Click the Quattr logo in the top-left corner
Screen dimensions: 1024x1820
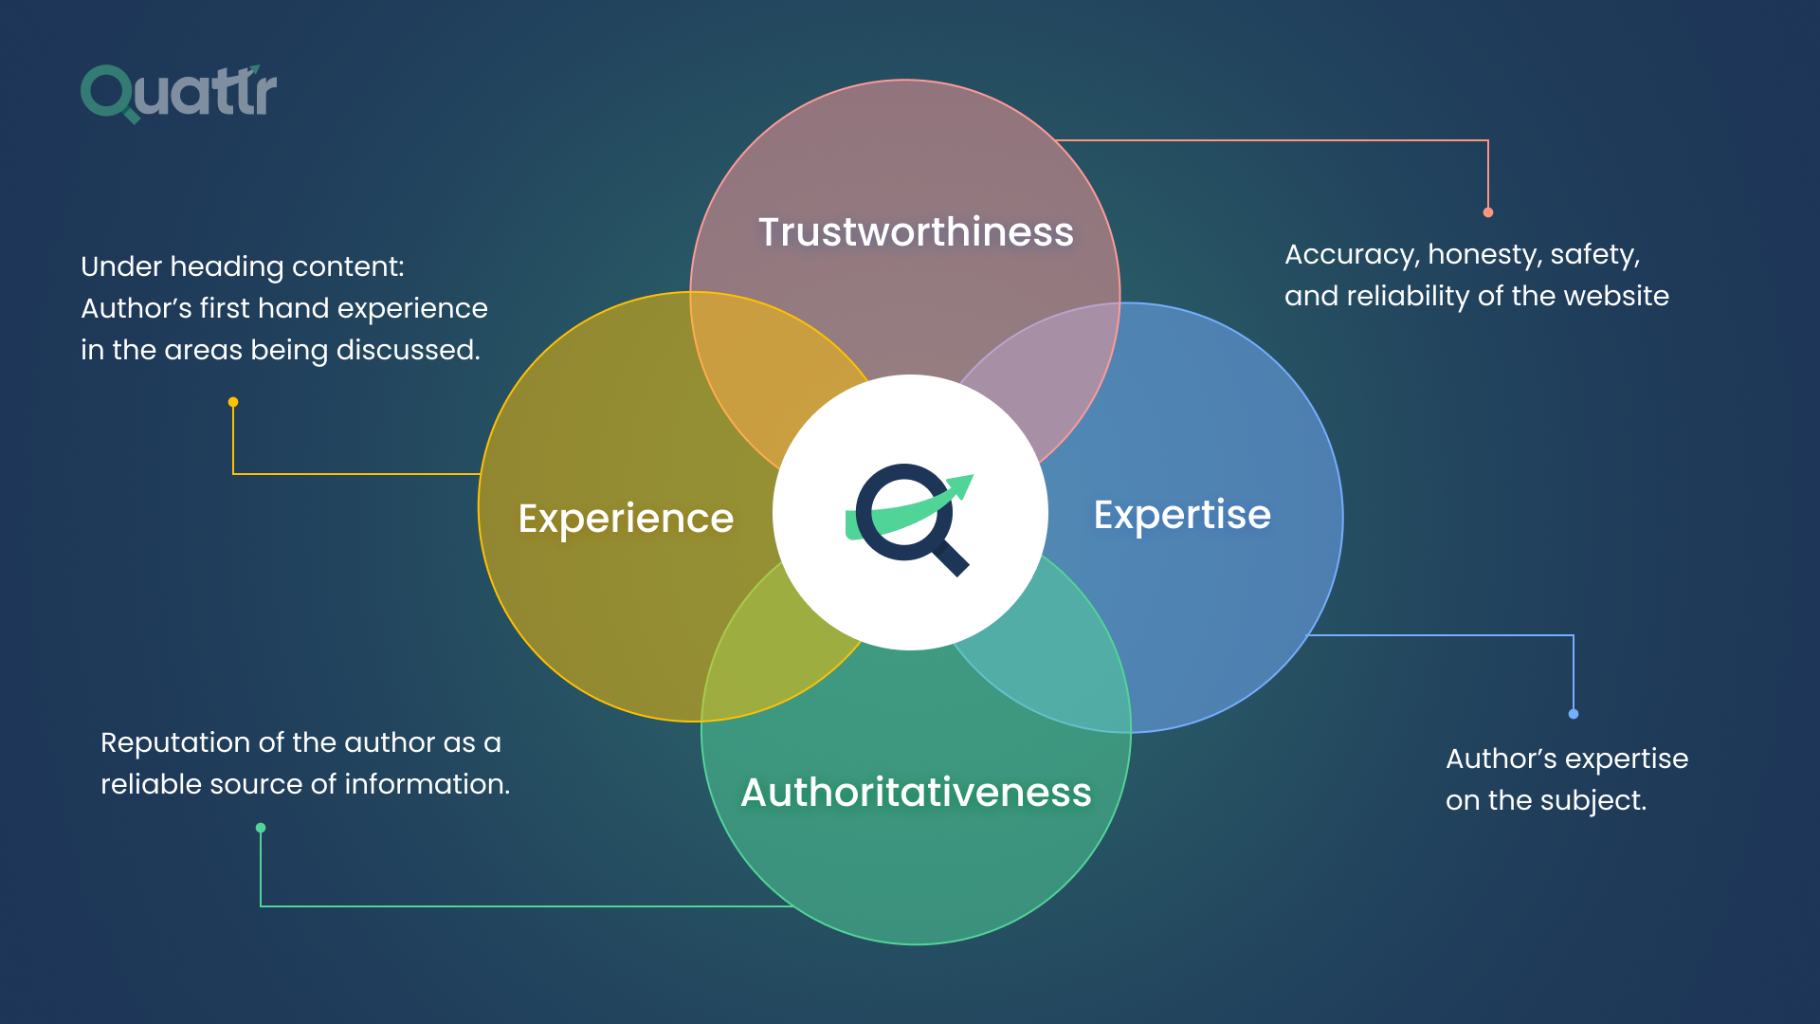(x=178, y=93)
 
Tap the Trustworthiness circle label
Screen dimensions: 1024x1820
(x=915, y=232)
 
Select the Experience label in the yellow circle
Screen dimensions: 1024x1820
(x=626, y=519)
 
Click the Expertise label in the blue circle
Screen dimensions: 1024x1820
(x=1181, y=515)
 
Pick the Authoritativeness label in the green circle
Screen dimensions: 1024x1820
(x=916, y=793)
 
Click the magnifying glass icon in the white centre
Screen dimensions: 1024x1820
(x=908, y=517)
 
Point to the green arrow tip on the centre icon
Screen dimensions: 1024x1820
(x=964, y=484)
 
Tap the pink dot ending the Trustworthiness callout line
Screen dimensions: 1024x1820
(x=1488, y=212)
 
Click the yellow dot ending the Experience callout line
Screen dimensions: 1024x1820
(x=233, y=402)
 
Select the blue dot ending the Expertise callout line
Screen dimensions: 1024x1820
(x=1574, y=714)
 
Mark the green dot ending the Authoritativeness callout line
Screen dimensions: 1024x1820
(x=261, y=828)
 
